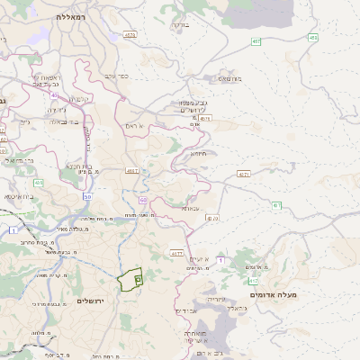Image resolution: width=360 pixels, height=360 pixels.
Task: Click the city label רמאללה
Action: [70, 17]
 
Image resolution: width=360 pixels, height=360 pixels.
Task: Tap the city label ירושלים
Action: [92, 301]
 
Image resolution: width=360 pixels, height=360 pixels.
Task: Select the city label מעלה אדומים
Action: [300, 294]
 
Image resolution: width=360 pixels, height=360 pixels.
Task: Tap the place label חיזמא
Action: [199, 153]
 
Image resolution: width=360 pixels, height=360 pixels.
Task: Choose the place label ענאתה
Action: [190, 208]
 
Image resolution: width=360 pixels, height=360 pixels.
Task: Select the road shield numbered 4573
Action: [130, 35]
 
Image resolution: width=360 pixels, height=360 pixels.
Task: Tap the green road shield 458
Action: [312, 37]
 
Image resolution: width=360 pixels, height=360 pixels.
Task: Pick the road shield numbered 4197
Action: [132, 170]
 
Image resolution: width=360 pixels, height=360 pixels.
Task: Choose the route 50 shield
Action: [87, 195]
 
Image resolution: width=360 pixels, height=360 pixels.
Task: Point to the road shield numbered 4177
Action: [176, 254]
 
